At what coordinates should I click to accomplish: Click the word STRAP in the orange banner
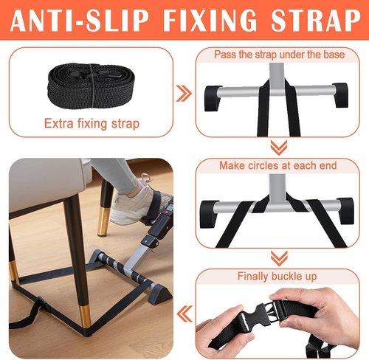(316, 21)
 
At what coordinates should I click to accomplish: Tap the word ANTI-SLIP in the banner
(80, 21)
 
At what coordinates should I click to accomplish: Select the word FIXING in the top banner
(210, 21)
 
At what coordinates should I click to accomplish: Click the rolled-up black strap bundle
(91, 86)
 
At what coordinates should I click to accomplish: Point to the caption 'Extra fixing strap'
(92, 123)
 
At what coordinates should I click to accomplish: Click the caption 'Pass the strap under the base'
(279, 55)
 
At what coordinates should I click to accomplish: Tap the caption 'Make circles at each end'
(278, 165)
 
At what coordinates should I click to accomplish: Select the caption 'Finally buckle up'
(277, 277)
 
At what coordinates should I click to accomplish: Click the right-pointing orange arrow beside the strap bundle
(184, 94)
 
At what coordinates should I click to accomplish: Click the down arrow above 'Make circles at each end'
(279, 148)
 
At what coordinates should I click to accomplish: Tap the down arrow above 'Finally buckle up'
(279, 258)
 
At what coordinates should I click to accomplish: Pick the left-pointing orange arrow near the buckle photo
(184, 314)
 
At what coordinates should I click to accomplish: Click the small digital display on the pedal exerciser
(168, 206)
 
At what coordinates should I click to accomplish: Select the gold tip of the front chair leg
(85, 318)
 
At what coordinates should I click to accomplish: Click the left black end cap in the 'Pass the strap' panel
(213, 98)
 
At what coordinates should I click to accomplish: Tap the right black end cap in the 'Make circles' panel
(345, 211)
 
